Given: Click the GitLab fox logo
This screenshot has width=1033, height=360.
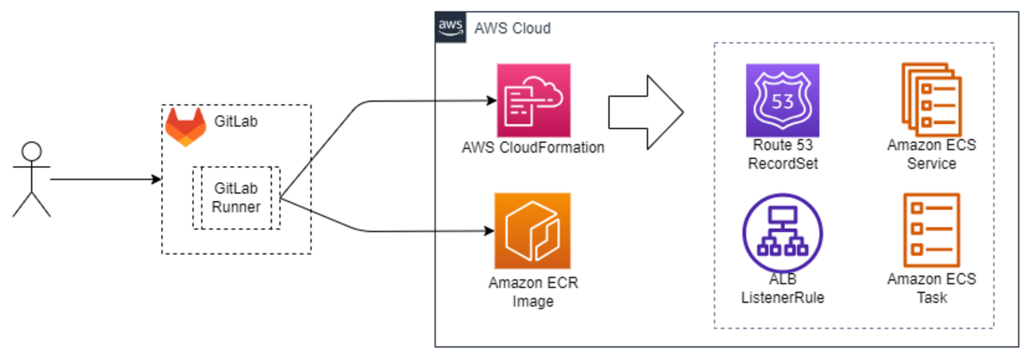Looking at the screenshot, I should [184, 127].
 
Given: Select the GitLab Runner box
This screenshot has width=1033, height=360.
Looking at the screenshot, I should [236, 198].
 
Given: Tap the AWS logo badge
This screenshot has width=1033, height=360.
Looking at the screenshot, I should [451, 27].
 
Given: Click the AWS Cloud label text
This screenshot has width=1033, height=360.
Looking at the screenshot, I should [512, 29].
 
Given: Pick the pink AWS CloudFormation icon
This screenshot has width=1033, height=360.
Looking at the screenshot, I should [533, 100].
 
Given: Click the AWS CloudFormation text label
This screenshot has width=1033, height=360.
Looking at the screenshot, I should [533, 148].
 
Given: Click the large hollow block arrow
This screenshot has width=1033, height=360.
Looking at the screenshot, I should [644, 111].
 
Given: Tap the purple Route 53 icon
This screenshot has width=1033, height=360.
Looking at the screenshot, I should [782, 101].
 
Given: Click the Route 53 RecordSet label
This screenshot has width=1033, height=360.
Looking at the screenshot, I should [782, 155].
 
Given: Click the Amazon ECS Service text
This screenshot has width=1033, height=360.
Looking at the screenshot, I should [931, 155].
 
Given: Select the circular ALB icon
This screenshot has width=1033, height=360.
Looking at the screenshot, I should [782, 230].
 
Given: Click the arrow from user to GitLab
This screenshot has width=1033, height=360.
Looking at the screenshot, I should [103, 180].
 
